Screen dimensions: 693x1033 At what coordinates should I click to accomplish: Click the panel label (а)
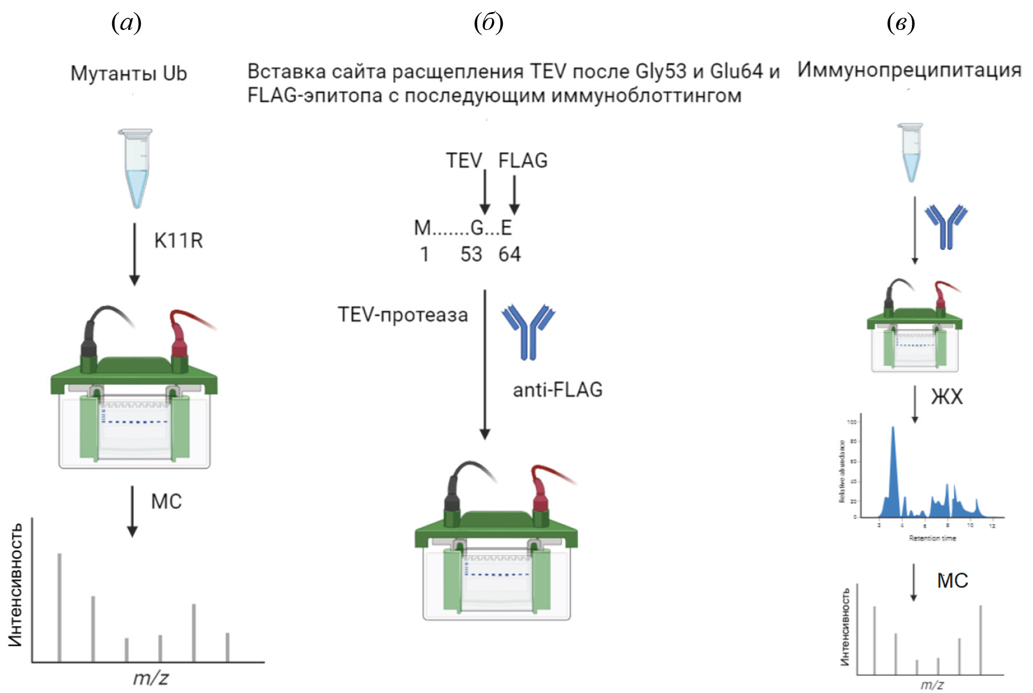pos(126,23)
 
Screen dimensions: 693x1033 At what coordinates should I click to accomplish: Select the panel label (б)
pos(489,23)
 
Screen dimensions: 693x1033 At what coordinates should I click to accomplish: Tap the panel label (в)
pos(900,23)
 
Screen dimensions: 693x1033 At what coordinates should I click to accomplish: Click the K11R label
pos(178,241)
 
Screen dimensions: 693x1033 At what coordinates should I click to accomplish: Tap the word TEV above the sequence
pos(463,161)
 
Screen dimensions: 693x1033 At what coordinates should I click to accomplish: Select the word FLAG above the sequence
pos(523,161)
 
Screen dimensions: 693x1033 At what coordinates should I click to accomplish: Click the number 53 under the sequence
pos(471,254)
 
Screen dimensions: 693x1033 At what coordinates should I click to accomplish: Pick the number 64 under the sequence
pos(509,254)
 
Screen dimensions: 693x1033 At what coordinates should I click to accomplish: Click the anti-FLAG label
pos(558,390)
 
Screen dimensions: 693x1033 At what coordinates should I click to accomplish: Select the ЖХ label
pos(946,397)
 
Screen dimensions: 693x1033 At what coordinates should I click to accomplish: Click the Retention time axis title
pos(932,539)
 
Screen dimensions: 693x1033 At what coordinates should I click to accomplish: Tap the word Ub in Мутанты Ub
pos(175,73)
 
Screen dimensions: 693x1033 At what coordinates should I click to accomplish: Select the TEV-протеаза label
pos(403,315)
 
